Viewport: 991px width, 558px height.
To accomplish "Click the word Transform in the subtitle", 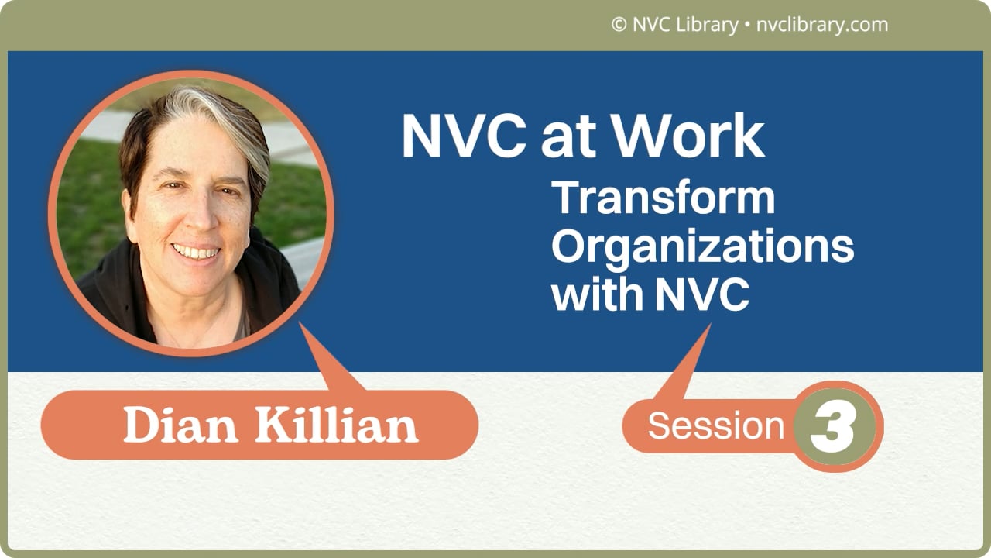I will pyautogui.click(x=664, y=198).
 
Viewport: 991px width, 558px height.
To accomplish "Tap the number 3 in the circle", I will pyautogui.click(x=833, y=427).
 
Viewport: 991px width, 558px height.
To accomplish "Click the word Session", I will pyautogui.click(x=716, y=426).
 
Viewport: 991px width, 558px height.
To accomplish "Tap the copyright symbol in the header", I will pyautogui.click(x=619, y=25).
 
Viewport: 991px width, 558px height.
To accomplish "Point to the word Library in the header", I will pyautogui.click(x=707, y=25).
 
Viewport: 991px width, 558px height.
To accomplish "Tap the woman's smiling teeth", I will pyautogui.click(x=196, y=253).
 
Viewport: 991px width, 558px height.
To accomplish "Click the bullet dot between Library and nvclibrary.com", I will pyautogui.click(x=746, y=26).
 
